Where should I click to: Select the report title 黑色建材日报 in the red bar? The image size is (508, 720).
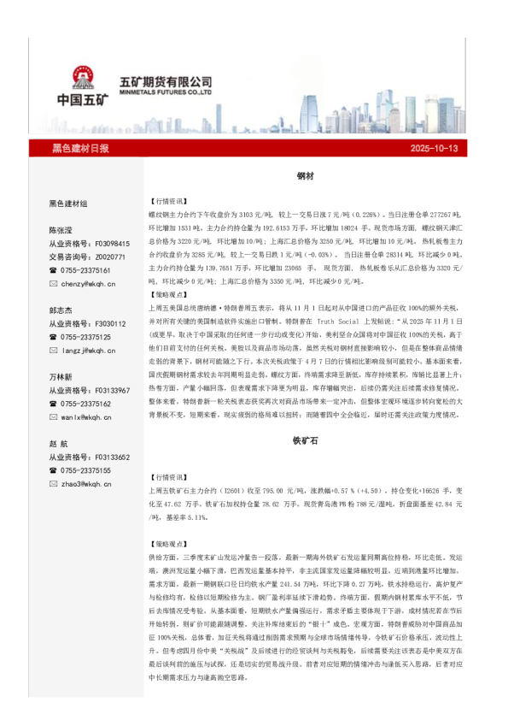pos(80,149)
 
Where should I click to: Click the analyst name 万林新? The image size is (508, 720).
pos(61,377)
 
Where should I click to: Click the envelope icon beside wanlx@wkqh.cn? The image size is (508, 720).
pos(54,416)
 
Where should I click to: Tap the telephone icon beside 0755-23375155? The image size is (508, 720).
pos(54,470)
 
